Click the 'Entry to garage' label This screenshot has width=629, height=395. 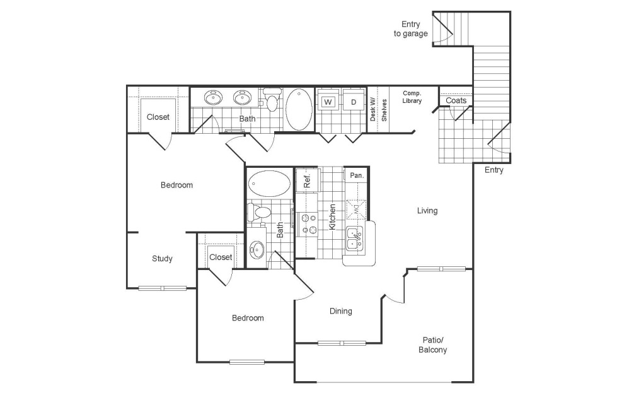pos(411,29)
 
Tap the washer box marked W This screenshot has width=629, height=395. pos(328,102)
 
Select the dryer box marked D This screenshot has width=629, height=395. pos(353,102)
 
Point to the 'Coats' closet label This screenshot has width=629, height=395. pos(456,100)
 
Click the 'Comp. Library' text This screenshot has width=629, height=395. pos(412,97)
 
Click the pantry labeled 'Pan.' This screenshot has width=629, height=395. pos(357,175)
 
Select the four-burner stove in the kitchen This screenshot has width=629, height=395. pos(309,224)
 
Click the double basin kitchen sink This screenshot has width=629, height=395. pos(354,239)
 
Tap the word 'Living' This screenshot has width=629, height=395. pos(427,211)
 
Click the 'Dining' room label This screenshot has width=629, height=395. pos(341,311)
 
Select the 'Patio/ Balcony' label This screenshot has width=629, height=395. pos(432,345)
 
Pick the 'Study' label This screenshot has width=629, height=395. pos(162,259)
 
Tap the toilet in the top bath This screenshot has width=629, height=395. pos(271,100)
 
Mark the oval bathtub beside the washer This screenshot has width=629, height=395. pos(299,109)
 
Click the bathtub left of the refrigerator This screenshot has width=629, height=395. pos(269,183)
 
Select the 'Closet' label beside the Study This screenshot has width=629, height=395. pos(221,257)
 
